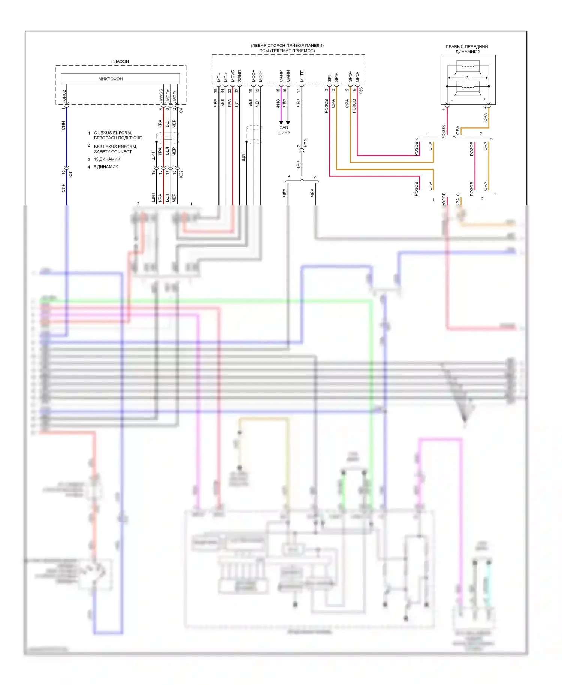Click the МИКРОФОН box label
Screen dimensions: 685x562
111,79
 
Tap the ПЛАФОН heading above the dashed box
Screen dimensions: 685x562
120,61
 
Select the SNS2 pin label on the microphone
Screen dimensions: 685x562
64,95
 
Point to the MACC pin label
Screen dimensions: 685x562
161,94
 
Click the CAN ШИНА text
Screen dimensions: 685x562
284,130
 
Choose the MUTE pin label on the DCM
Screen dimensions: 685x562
302,76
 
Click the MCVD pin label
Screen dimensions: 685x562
233,76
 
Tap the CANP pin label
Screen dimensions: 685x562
281,76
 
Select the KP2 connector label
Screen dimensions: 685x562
306,143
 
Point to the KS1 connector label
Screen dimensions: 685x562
70,173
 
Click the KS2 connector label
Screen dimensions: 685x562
181,173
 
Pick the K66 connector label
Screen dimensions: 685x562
361,91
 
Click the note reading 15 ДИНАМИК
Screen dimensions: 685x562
107,159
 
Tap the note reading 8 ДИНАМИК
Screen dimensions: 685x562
106,167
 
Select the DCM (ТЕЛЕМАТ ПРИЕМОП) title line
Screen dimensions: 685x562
287,51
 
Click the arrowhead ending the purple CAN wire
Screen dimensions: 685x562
281,123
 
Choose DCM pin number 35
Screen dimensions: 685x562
216,91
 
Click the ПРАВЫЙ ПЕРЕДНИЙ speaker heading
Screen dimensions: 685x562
466,47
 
